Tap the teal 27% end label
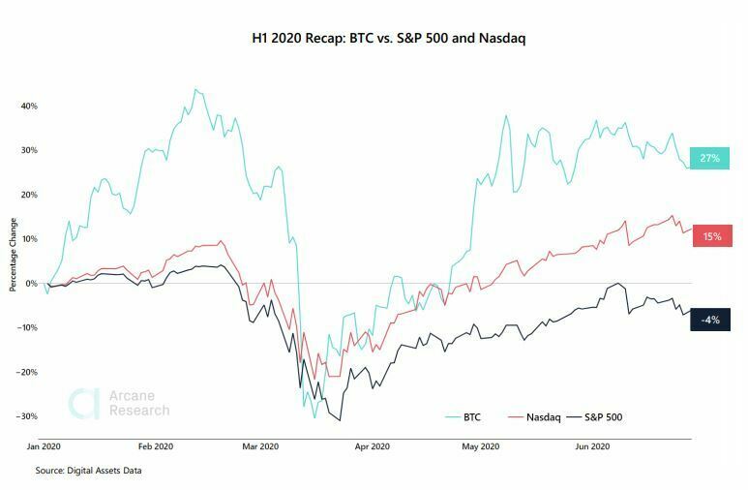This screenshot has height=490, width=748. tap(711, 157)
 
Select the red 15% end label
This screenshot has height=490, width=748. tap(711, 235)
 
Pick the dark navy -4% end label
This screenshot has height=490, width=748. tap(711, 320)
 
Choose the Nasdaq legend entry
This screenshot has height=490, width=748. tap(541, 417)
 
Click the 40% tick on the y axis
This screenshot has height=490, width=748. tap(29, 106)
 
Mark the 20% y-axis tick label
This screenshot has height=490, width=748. tap(29, 195)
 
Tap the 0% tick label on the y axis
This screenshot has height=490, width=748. tap(32, 283)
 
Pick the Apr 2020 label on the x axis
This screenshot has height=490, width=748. tap(373, 446)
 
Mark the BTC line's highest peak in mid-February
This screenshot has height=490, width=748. tap(195, 89)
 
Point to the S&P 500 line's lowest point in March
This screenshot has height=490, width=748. tap(340, 420)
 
